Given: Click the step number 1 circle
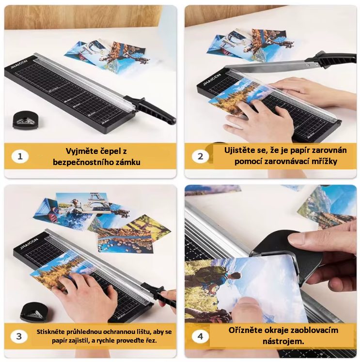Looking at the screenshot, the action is [x=20, y=156].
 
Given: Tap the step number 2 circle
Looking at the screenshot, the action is [x=200, y=156].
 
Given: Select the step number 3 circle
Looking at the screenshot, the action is [x=19, y=336].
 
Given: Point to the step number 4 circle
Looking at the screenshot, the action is [x=200, y=336].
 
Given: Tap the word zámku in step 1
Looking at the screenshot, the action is [x=126, y=162].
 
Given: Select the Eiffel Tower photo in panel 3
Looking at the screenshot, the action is [x=82, y=202].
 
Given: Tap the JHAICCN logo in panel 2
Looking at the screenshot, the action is [x=212, y=79].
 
